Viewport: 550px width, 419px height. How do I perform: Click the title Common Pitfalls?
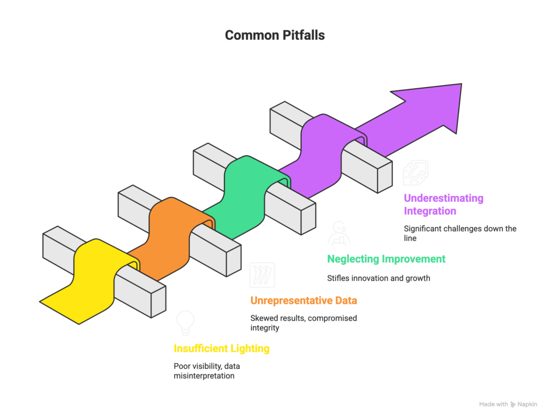[x=274, y=35]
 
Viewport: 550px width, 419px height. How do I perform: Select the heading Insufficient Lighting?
[x=221, y=349]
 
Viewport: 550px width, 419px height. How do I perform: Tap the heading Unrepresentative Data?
[x=303, y=300]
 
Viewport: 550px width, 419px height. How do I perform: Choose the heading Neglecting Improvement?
[x=386, y=259]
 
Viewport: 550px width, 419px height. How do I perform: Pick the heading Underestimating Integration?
[x=444, y=204]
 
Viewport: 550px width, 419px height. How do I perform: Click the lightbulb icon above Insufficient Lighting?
[x=185, y=322]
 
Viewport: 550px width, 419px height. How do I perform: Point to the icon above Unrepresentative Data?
[x=263, y=274]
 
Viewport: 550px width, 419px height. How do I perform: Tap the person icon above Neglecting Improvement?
[x=340, y=233]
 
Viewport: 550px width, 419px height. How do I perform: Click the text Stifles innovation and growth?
[x=379, y=278]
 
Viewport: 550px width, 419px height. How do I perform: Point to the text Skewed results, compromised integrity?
[x=303, y=323]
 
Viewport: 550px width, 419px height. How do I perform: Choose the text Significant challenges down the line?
[x=460, y=233]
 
